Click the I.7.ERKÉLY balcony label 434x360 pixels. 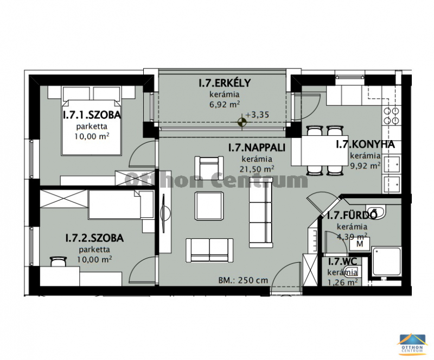(x=225, y=83)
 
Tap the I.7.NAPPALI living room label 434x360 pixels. (x=257, y=148)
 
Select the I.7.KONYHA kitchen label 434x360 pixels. (x=365, y=144)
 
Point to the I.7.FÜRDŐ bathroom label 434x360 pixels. (x=352, y=216)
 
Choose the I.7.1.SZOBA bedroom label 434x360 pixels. (x=92, y=115)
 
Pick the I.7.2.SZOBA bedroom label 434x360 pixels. (x=94, y=238)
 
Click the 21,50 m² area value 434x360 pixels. (x=257, y=169)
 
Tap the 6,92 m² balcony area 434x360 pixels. (x=225, y=104)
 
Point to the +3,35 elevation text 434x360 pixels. (x=257, y=115)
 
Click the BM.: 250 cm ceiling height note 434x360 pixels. (x=243, y=280)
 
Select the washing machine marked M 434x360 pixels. (x=360, y=244)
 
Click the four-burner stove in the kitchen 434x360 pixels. (x=391, y=116)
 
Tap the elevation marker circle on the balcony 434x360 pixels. (x=242, y=122)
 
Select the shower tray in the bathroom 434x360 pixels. (x=386, y=262)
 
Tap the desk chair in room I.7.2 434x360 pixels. (x=59, y=261)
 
